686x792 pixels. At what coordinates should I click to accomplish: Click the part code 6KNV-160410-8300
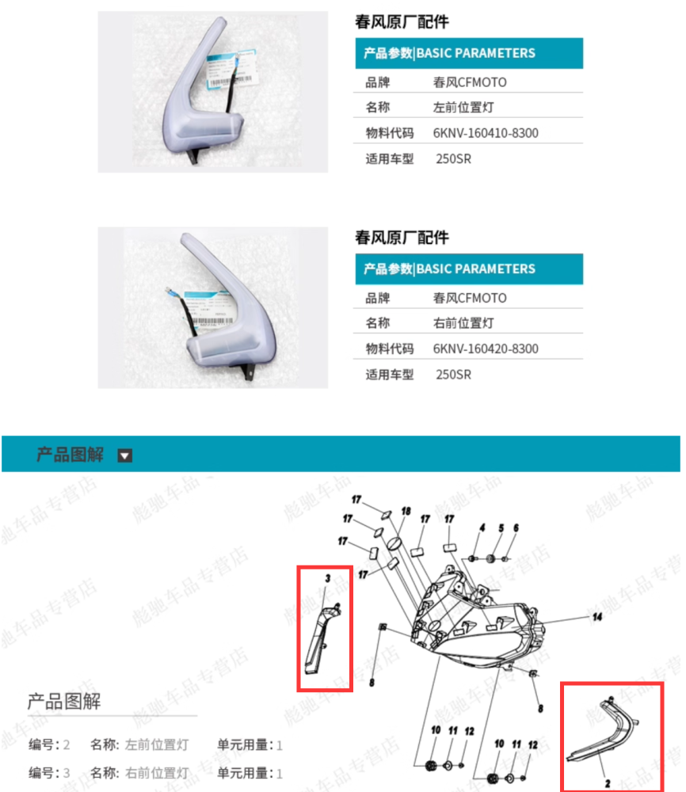(485, 133)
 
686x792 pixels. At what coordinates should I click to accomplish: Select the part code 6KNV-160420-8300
(485, 348)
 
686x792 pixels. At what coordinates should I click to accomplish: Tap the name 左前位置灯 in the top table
(463, 108)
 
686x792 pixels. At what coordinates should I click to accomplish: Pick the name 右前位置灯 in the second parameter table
(463, 323)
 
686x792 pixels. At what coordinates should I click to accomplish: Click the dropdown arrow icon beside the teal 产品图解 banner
(124, 455)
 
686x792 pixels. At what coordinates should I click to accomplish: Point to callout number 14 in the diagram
(597, 615)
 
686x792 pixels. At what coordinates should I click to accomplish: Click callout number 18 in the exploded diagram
(406, 512)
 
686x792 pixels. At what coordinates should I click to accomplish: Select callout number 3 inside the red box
(327, 579)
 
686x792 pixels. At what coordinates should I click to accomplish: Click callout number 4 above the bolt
(481, 527)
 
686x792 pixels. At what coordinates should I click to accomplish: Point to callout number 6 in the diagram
(516, 527)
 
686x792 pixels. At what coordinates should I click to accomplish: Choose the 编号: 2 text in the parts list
(50, 744)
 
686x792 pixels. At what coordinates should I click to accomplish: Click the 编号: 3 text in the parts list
(50, 773)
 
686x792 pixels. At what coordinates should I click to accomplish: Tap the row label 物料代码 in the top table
(389, 133)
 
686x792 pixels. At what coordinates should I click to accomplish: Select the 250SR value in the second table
(453, 375)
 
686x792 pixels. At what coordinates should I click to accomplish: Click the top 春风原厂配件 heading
(401, 22)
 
